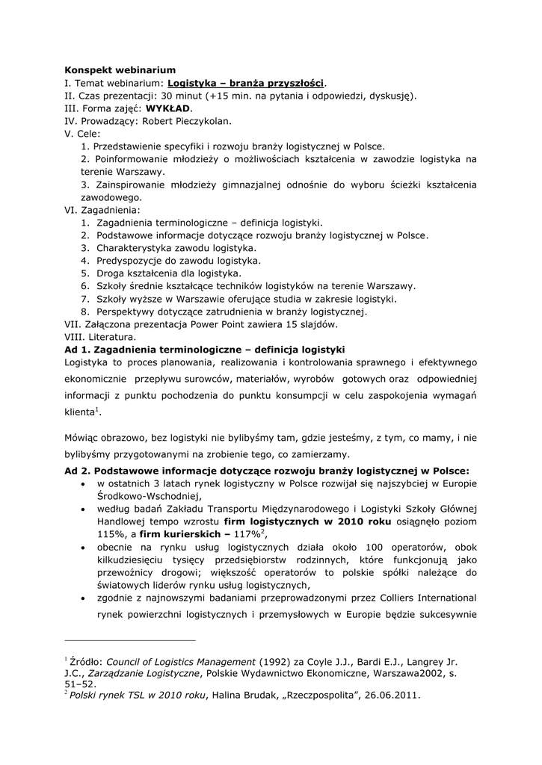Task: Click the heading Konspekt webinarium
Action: click(120, 69)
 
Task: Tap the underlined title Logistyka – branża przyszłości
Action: click(247, 82)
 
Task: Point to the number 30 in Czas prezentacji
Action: click(167, 95)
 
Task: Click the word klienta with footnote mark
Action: click(81, 412)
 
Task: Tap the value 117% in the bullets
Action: click(246, 533)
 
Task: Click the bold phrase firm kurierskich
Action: click(175, 533)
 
